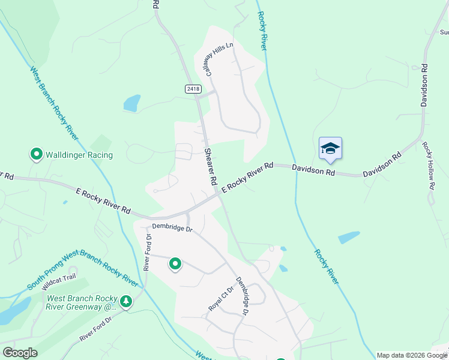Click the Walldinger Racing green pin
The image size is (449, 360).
37,155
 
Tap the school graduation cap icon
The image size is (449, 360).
330,148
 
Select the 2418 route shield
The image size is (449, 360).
192,89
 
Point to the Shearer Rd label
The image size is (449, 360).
209,166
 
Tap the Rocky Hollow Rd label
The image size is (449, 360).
428,166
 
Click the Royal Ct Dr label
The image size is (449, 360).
220,297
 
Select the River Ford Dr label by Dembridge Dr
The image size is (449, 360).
147,252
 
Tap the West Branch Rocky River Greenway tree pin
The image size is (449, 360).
126,301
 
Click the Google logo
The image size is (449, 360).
20,353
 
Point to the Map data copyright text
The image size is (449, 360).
411,355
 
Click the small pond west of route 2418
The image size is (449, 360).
132,103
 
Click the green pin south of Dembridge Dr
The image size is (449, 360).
175,263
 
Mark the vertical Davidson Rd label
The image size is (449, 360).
424,86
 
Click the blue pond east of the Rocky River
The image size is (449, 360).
349,237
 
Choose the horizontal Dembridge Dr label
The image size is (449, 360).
172,227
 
